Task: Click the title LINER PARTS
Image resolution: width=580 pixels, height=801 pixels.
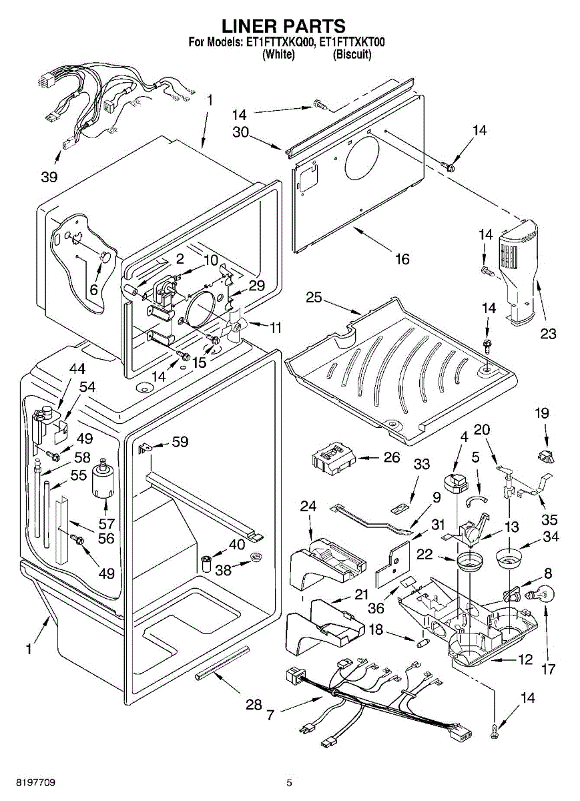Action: point(284,26)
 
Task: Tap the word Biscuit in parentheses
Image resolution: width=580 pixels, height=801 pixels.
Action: point(352,55)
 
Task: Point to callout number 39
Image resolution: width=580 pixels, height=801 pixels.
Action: point(48,177)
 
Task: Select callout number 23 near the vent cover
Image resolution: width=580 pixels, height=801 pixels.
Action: point(548,334)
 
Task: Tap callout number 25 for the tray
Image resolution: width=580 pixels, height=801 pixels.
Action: point(314,298)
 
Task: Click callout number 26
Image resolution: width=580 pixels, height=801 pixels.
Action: point(392,458)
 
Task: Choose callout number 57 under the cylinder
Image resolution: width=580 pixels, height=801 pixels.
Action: point(107,523)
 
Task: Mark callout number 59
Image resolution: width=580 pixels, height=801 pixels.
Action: point(180,442)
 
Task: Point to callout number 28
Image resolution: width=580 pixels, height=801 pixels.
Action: point(254,705)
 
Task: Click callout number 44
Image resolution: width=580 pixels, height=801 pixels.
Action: point(77,368)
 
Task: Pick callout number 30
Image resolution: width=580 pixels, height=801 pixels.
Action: point(240,132)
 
